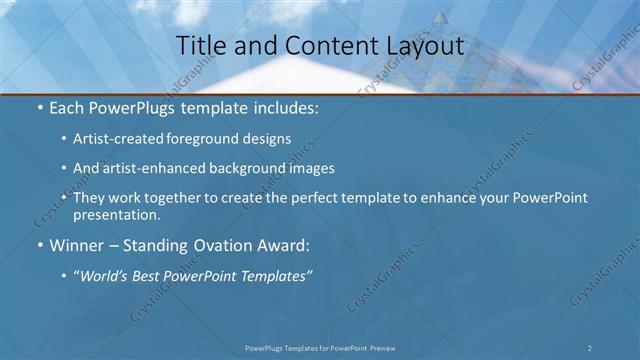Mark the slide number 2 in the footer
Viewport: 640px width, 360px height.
[590, 347]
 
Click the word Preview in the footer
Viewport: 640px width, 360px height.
[378, 347]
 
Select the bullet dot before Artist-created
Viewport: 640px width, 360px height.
[65, 141]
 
